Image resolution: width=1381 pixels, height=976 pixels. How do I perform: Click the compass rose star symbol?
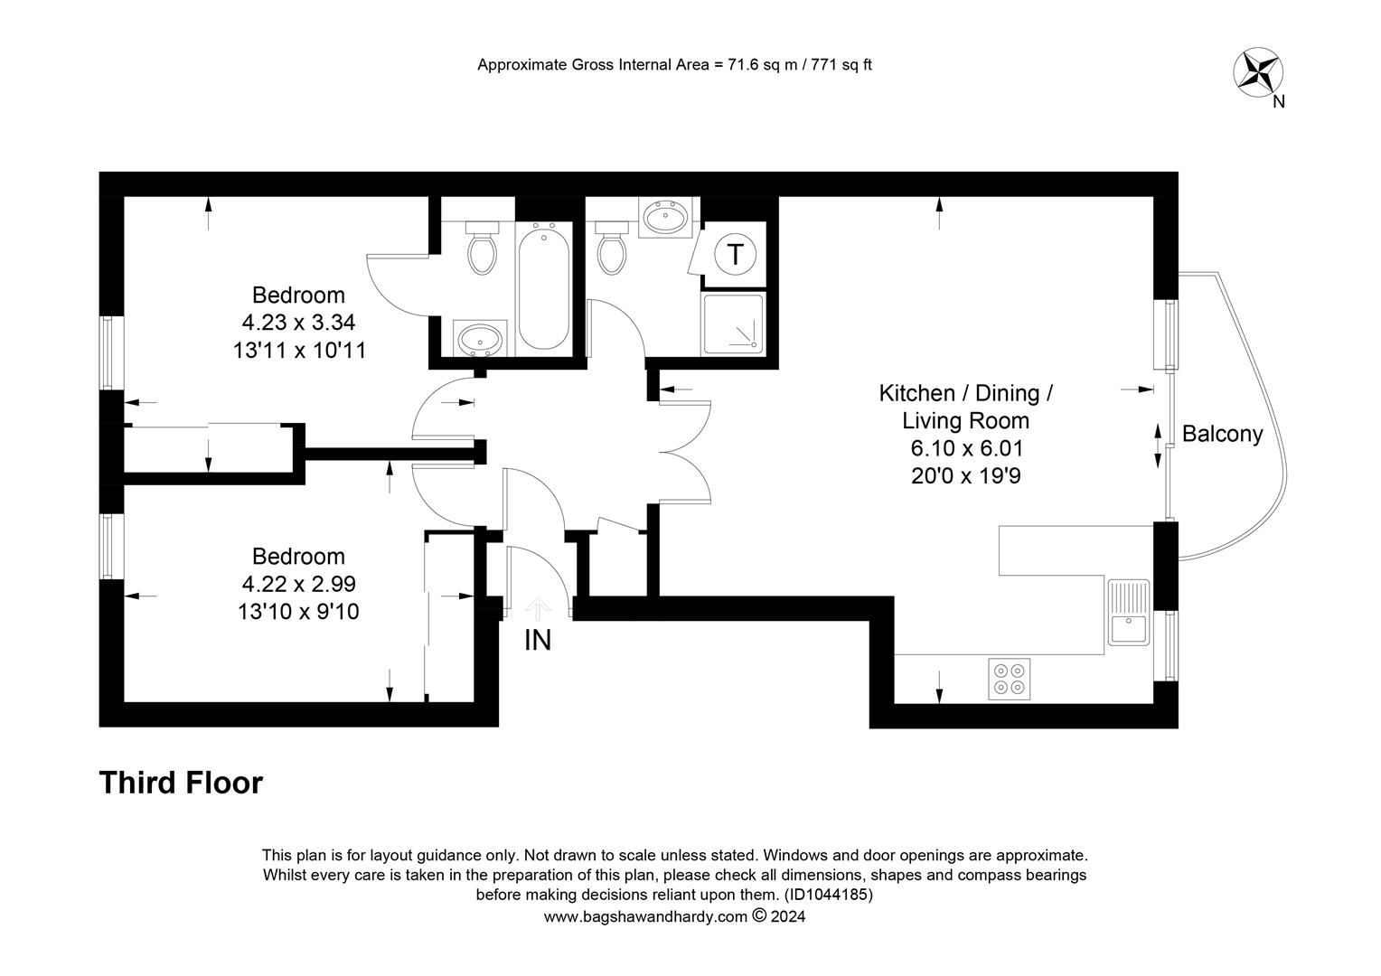click(1258, 72)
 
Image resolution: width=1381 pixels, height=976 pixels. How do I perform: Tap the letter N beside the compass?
click(1279, 102)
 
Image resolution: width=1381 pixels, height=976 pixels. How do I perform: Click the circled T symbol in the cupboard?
click(735, 253)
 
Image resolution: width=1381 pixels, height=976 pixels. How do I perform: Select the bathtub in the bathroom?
click(543, 287)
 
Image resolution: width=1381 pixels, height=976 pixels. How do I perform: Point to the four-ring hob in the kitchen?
click(1009, 679)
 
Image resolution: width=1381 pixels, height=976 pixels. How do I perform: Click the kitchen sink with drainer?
click(1128, 612)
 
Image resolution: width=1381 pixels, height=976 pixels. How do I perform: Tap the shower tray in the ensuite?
click(733, 324)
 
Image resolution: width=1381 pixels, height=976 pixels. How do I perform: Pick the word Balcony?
click(1222, 434)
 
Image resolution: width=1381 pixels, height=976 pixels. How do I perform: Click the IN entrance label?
click(537, 640)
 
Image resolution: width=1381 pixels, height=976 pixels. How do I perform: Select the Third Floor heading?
click(182, 783)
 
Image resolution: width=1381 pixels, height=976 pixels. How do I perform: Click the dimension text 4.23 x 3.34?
click(298, 322)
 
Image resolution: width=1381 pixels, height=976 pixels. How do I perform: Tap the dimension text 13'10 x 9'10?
click(298, 612)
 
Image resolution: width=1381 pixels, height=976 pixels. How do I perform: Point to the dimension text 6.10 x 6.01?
click(967, 448)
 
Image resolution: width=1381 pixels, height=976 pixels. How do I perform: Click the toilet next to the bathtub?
click(482, 248)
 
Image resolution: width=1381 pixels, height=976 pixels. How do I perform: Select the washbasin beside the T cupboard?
click(665, 216)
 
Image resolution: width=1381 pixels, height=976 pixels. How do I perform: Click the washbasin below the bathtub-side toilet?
click(480, 339)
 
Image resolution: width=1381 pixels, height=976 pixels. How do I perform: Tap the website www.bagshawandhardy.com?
click(645, 917)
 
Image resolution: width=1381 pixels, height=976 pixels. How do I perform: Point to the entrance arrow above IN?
click(537, 608)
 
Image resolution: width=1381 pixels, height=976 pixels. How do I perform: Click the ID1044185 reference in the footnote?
click(828, 895)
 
